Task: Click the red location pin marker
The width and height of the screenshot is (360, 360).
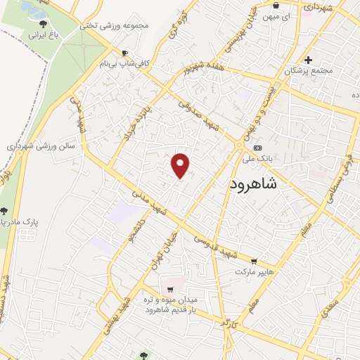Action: (181, 165)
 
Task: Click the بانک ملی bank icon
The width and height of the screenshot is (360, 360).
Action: (258, 148)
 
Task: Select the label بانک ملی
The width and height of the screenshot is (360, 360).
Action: (273, 159)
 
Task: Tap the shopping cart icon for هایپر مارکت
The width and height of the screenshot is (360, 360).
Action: (254, 261)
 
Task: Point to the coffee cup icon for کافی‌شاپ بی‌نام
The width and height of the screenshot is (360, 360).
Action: (125, 53)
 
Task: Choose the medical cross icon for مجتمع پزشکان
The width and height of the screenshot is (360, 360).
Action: (308, 60)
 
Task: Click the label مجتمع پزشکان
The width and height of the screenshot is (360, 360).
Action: (308, 71)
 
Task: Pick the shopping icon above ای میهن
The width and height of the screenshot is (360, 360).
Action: (275, 5)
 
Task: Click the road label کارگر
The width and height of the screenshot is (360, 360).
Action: (226, 324)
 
